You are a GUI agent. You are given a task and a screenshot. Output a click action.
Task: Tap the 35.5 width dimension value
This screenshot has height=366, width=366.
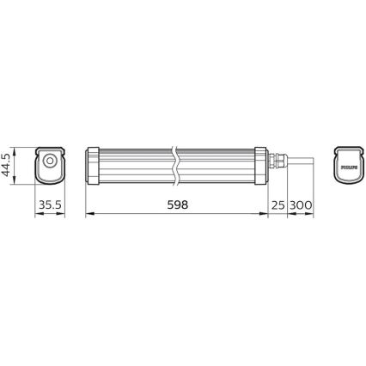pos(50,205)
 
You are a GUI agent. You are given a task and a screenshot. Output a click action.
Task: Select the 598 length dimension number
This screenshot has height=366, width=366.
pos(174,205)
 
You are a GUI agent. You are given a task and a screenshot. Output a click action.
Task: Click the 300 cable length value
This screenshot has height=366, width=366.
pos(301,205)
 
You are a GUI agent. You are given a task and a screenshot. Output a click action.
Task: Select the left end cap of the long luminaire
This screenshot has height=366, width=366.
pos(93,165)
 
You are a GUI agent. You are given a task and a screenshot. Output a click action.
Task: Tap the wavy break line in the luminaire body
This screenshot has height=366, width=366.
pos(177,165)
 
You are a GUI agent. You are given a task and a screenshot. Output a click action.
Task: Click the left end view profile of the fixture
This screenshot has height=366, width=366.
pos(50,165)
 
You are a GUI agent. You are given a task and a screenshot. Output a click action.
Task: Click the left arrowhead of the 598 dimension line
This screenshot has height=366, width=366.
pos(89,216)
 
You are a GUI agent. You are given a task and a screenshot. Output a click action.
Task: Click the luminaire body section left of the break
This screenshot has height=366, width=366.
pos(133,165)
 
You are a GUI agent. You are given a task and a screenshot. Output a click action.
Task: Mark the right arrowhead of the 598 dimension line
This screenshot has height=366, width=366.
pos(266,216)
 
